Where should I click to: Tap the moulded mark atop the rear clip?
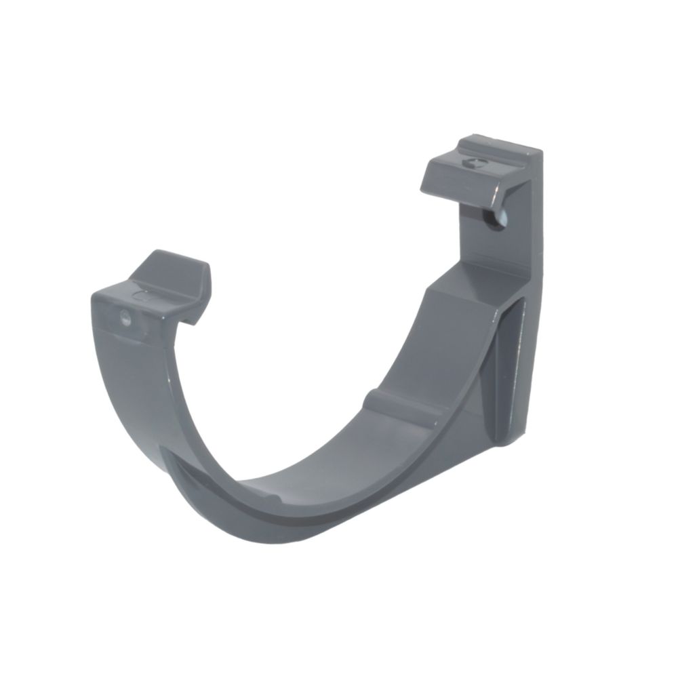475,163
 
